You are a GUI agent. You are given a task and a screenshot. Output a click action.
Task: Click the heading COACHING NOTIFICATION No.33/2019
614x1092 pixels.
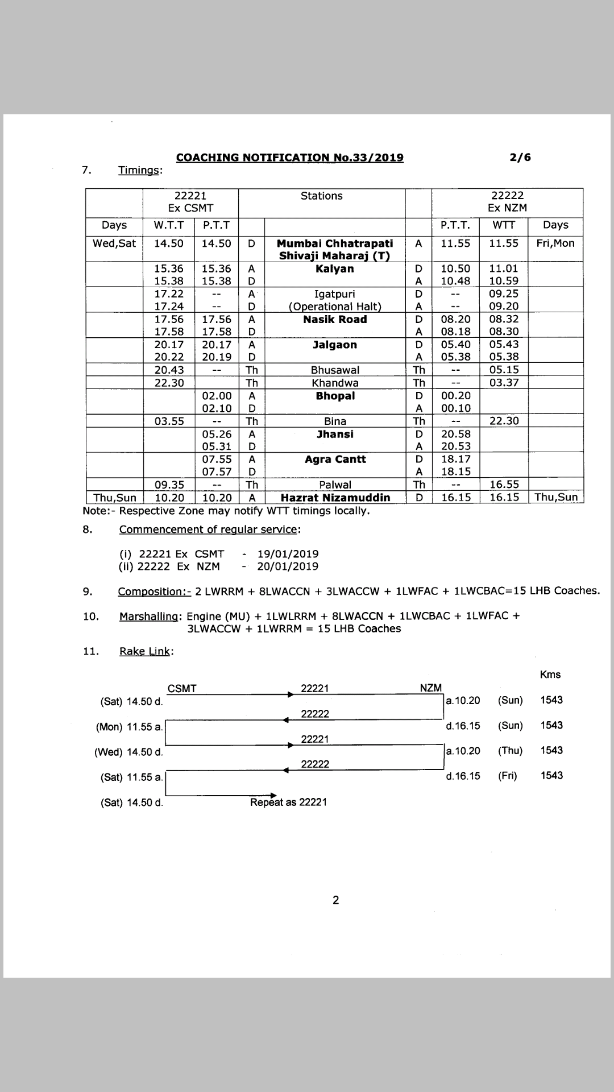point(289,158)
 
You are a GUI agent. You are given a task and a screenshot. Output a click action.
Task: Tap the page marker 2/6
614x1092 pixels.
point(521,157)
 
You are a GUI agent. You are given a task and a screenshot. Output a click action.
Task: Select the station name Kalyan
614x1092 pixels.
point(335,268)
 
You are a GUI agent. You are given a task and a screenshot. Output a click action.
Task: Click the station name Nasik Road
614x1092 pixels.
point(335,319)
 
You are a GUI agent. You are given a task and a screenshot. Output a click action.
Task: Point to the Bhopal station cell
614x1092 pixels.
point(335,395)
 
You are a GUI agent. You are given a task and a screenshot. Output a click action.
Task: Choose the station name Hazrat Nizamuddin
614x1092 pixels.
point(335,498)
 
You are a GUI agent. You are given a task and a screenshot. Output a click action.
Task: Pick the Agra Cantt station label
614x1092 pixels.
point(335,459)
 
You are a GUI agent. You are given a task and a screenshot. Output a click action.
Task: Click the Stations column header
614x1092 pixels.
point(321,196)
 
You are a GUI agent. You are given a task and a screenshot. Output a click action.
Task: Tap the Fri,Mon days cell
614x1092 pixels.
point(555,243)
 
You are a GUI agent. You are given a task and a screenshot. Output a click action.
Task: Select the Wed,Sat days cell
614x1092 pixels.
point(114,243)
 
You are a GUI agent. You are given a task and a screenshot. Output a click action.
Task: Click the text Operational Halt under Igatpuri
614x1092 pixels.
point(335,307)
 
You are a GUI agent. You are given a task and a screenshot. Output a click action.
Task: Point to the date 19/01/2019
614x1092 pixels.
point(288,554)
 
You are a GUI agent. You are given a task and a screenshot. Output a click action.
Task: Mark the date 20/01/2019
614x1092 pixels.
point(288,566)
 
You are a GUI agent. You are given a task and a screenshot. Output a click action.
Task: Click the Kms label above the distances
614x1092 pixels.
point(550,675)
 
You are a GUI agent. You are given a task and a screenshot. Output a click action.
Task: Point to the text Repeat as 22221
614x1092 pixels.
point(288,802)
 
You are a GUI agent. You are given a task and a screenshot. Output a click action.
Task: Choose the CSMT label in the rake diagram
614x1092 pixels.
point(182,688)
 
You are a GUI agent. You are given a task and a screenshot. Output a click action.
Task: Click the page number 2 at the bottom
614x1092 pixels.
point(335,900)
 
